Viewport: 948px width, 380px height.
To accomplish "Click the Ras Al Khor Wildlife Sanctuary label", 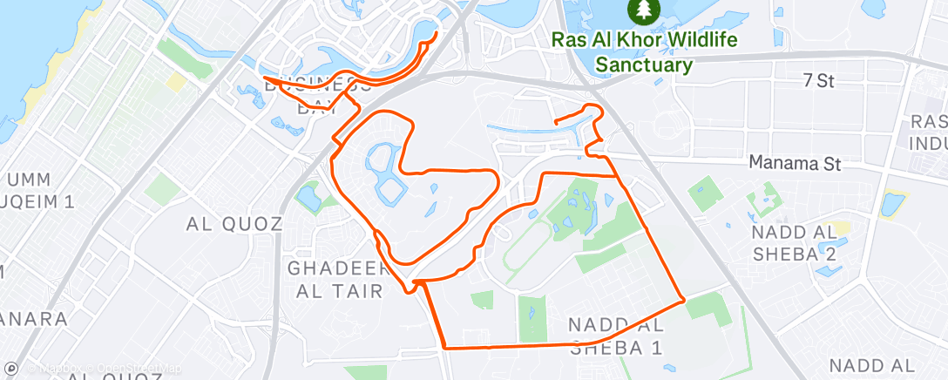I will tap(644, 52).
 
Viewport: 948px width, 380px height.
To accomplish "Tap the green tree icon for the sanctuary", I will tap(644, 10).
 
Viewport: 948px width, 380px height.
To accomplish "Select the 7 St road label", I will tap(818, 81).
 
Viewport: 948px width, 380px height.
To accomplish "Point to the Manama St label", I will tap(795, 163).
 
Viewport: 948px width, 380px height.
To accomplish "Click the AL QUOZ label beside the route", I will tap(234, 224).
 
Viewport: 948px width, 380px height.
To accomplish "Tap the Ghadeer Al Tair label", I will tap(335, 279).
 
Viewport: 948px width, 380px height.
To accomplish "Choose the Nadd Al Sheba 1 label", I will tap(615, 336).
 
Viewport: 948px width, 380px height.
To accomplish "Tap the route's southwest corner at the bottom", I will tap(445, 347).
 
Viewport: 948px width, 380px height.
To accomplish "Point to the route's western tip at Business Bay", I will tap(264, 78).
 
